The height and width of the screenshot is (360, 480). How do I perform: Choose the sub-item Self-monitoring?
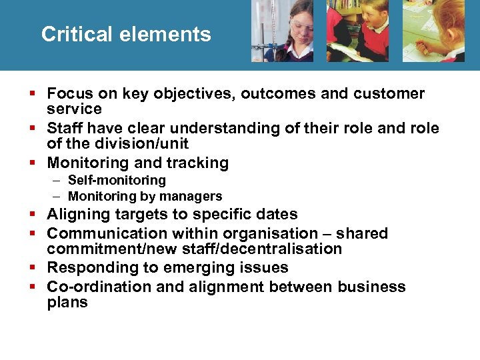[x=117, y=181]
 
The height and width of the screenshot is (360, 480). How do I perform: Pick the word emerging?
[x=205, y=268]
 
